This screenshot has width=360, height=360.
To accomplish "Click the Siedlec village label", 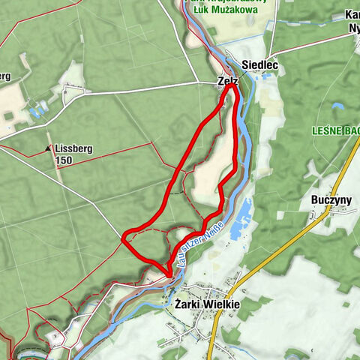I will click(260, 66).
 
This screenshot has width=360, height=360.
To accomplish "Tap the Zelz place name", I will click(226, 81).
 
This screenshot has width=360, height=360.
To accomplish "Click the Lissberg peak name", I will click(73, 149).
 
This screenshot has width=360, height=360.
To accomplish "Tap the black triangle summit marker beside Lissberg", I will click(49, 149).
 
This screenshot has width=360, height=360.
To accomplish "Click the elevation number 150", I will click(65, 160).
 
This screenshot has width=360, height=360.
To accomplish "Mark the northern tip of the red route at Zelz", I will click(231, 87).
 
